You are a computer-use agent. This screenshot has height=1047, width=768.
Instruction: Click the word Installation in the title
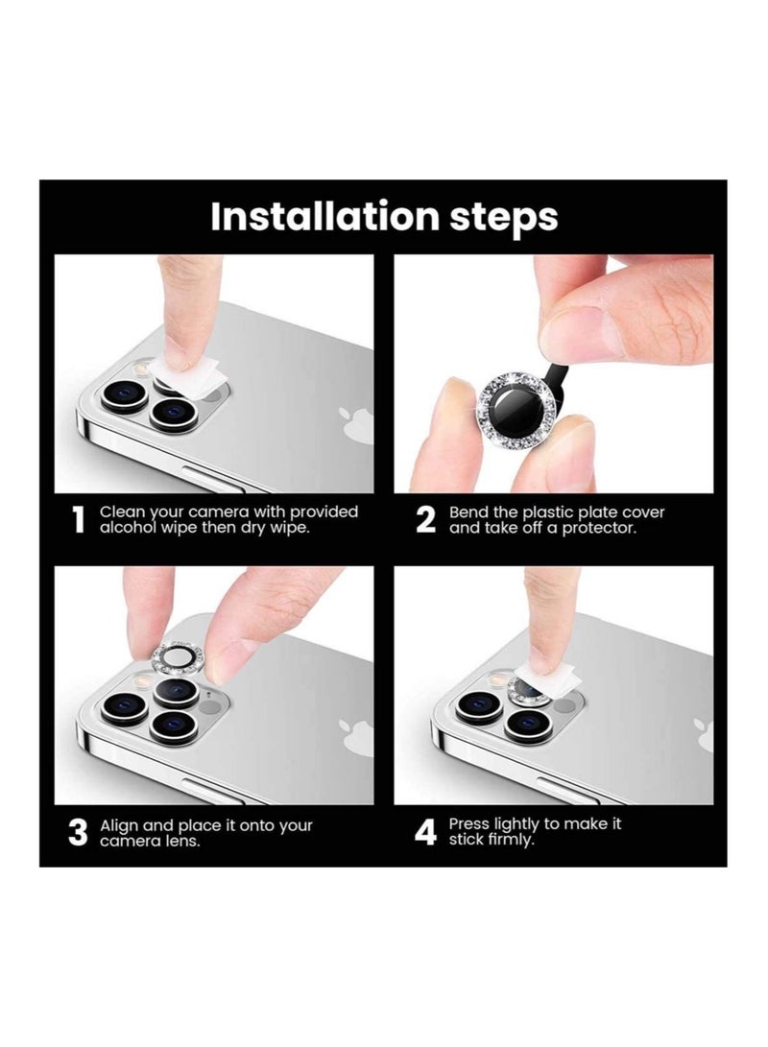coord(325,216)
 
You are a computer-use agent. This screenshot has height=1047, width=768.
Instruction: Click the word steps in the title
coord(503,217)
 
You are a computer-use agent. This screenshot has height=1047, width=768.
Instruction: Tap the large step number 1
coord(79,520)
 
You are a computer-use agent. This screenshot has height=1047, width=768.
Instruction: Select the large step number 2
coord(425,520)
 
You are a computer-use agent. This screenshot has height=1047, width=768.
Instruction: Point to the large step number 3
coord(78,833)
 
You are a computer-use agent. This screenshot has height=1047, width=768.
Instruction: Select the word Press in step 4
coord(469,824)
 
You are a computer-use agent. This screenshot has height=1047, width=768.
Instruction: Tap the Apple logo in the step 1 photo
coord(356,423)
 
